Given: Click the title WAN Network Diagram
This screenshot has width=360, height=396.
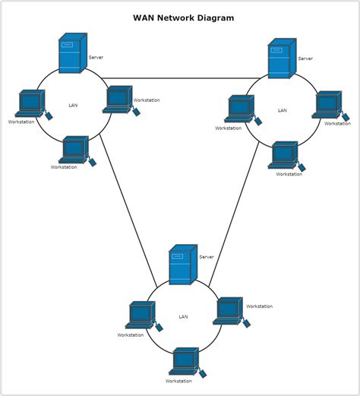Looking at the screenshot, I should pos(183,17).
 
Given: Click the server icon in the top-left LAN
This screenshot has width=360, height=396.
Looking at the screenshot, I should pos(72,53).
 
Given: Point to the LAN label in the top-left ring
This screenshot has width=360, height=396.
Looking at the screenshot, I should pos(73,105).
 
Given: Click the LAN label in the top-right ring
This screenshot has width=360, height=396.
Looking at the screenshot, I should pos(283,110).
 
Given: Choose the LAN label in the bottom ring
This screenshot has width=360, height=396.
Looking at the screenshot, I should pos(183,317).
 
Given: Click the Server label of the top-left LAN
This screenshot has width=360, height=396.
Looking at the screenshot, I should pos(96,57).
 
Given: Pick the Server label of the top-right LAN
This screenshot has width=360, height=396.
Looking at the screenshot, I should pos(305,59).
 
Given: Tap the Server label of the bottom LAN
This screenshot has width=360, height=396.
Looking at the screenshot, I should pos(207,257).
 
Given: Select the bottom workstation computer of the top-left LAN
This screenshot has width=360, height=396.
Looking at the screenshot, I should pos(75,149).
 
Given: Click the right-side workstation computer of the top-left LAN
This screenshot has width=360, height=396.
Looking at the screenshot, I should pos(119,99).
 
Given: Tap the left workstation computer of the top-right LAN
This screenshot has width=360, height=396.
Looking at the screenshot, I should pos(241,109).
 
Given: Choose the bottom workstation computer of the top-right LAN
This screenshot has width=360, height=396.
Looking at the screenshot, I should pos(284,155).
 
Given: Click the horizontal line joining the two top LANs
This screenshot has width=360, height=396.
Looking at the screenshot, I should pos(182,78).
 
